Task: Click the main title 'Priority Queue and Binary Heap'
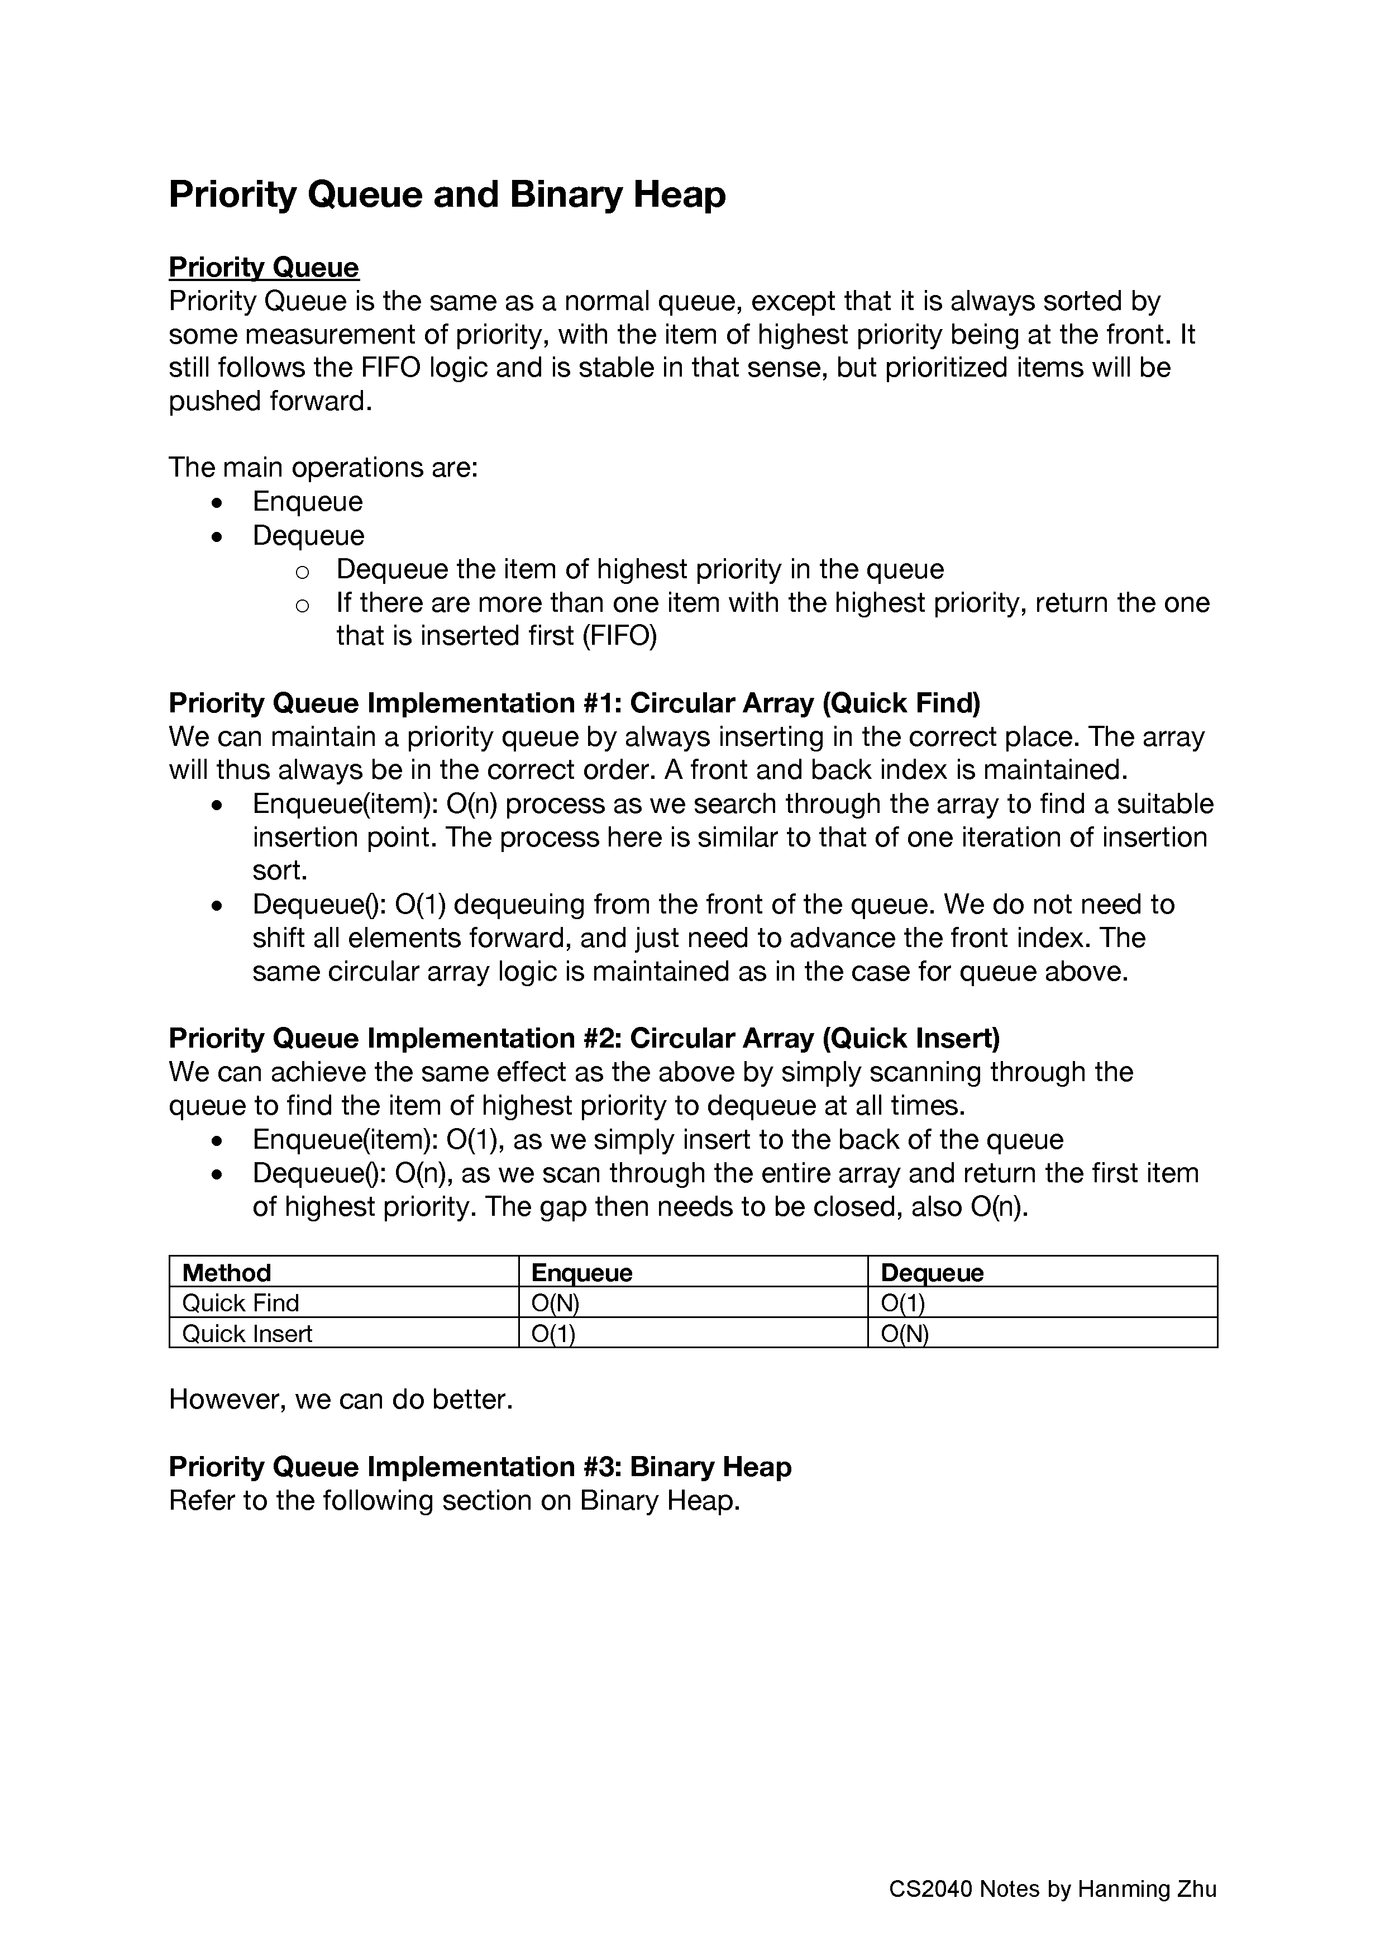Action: point(447,194)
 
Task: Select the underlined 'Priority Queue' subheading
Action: point(264,267)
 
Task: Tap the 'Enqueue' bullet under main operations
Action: point(307,501)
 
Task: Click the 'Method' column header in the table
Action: point(226,1273)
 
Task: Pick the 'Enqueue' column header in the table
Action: point(581,1273)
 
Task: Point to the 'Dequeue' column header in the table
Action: point(932,1273)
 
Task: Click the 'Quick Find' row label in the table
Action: point(241,1303)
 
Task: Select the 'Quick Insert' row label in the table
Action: point(247,1334)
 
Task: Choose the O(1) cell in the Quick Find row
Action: point(903,1303)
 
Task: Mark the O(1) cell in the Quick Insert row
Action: point(553,1334)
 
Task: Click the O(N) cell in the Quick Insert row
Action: point(905,1334)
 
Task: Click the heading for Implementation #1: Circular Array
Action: point(574,703)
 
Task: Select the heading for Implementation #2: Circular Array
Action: point(584,1038)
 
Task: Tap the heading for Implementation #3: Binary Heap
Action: point(480,1467)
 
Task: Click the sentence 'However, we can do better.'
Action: point(341,1399)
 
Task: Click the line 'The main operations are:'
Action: point(323,468)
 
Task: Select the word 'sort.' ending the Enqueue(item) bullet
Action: point(280,870)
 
